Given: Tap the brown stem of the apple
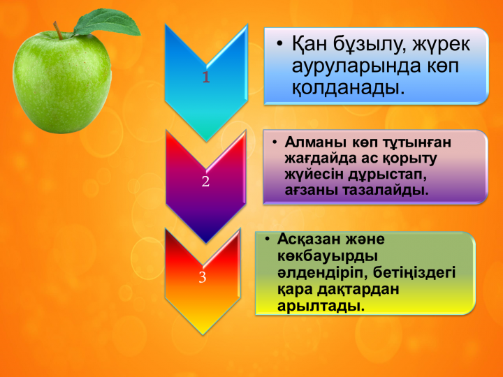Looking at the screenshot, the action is click(x=58, y=31).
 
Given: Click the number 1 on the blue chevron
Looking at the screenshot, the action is click(x=206, y=77).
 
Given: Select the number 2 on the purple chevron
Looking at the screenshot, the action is click(x=205, y=182).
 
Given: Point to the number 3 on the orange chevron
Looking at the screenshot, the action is click(x=202, y=277).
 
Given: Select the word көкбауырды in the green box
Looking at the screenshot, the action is click(x=328, y=256).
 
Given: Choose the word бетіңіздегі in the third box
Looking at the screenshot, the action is click(x=414, y=273).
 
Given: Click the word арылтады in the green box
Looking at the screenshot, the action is click(x=321, y=306).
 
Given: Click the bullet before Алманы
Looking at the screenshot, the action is click(x=274, y=142).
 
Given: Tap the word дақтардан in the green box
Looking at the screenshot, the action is click(x=358, y=290).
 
